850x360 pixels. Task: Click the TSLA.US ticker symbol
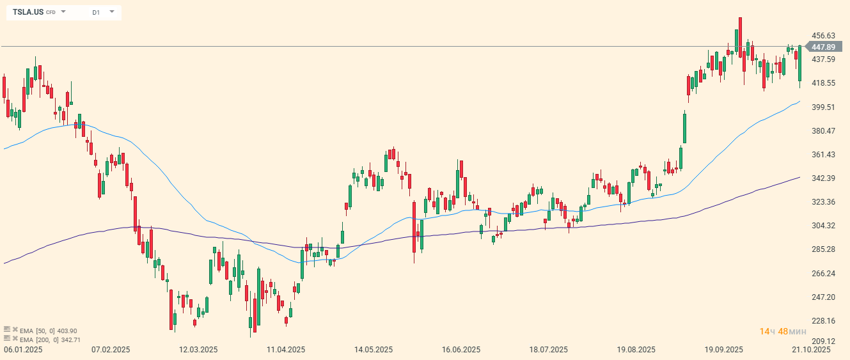point(28,12)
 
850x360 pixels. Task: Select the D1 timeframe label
point(96,12)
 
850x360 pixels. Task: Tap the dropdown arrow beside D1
point(112,12)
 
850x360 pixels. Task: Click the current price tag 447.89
point(822,47)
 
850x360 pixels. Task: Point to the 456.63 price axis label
point(823,36)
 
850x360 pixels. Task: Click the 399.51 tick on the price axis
point(823,107)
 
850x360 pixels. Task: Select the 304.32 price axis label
point(823,226)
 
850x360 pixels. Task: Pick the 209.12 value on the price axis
point(823,341)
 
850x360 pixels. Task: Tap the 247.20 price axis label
point(823,297)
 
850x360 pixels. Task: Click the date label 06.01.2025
point(23,350)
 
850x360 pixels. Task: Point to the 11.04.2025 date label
point(286,350)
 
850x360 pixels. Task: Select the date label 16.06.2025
point(461,350)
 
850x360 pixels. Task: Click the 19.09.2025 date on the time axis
point(724,350)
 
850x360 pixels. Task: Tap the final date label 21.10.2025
point(811,350)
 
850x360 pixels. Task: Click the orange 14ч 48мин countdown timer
point(783,331)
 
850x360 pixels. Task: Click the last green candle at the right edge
point(800,64)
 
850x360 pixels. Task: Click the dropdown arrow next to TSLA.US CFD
point(63,12)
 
